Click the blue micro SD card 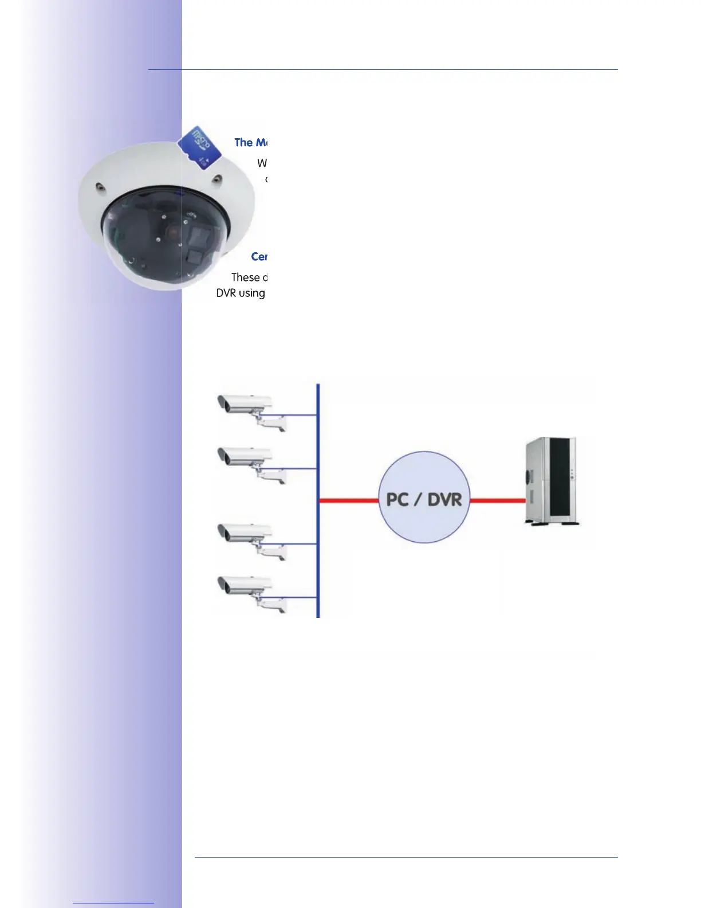(x=199, y=147)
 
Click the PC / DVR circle (x=424, y=498)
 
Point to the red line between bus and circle (x=348, y=500)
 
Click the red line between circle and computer (x=497, y=500)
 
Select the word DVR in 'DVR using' (x=226, y=293)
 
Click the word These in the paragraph (x=245, y=277)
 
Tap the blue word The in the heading (x=243, y=142)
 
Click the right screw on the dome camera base (x=216, y=179)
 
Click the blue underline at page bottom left (x=113, y=903)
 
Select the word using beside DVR (x=252, y=293)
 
